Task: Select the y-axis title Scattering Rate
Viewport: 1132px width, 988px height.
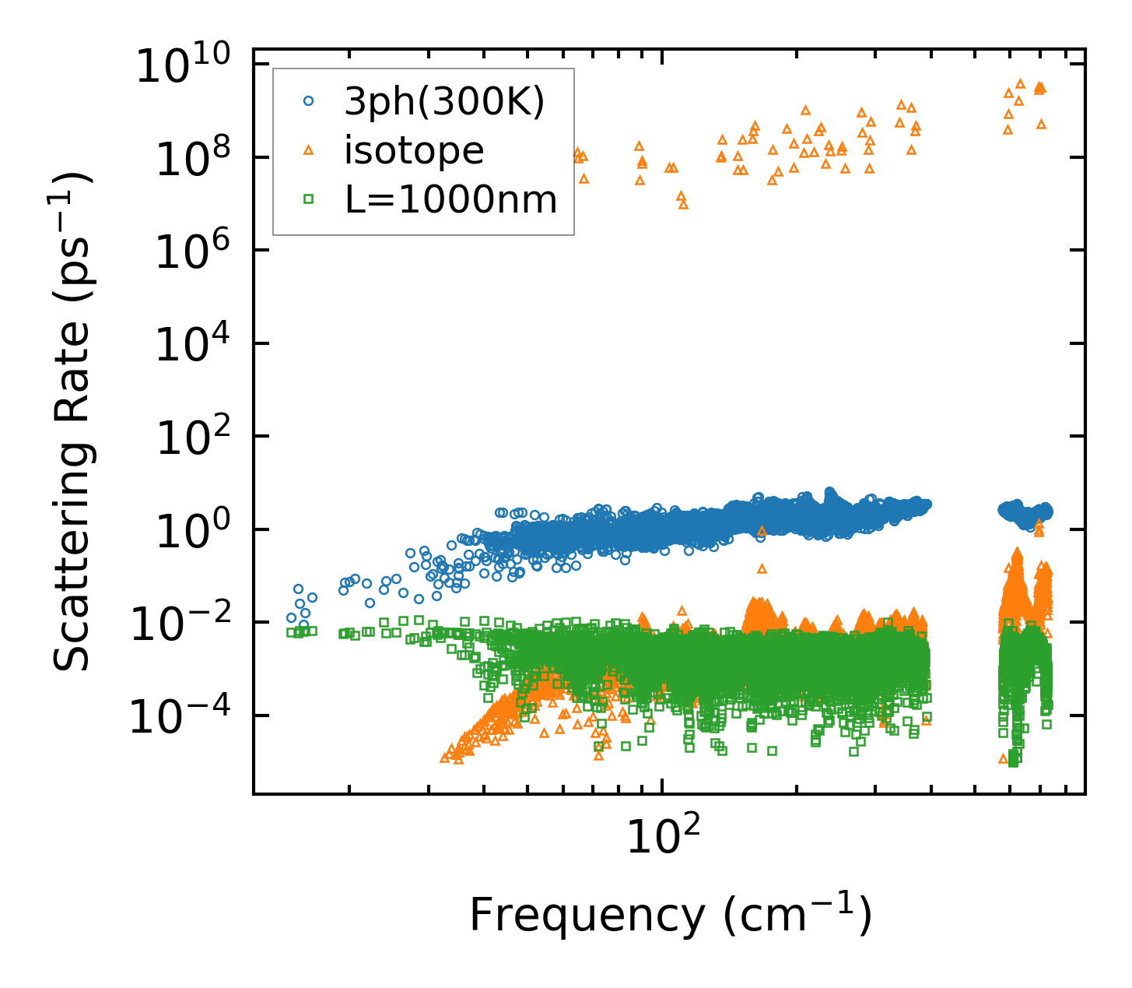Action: [72, 421]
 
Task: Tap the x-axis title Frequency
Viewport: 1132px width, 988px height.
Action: [670, 915]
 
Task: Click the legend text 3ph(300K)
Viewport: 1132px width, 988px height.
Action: [444, 101]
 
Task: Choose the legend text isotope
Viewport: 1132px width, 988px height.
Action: [414, 150]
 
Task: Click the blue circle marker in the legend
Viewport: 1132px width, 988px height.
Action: [309, 100]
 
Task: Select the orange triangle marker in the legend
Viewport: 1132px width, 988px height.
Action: [309, 150]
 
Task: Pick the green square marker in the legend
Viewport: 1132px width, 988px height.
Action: [309, 200]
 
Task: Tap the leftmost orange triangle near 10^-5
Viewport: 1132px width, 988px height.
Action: [445, 758]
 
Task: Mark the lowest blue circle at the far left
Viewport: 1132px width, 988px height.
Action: [304, 624]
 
